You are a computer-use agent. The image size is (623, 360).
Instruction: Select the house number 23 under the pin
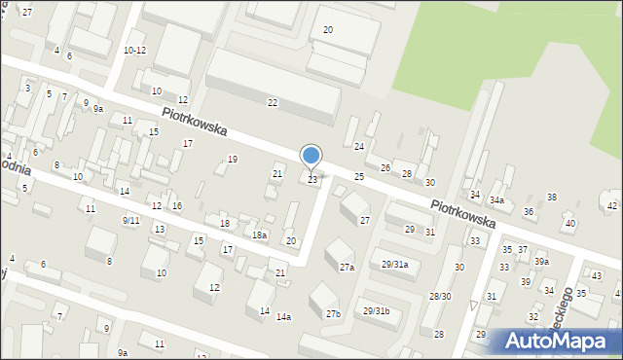click(312, 180)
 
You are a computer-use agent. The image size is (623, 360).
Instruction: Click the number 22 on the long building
click(273, 102)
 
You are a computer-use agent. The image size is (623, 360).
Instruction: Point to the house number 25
click(359, 176)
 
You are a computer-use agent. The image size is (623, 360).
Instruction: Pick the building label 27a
click(347, 267)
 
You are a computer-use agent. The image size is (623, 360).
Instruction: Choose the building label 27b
click(333, 313)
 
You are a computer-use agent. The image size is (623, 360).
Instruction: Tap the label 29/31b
click(377, 311)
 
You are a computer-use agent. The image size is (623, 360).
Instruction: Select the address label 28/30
click(441, 296)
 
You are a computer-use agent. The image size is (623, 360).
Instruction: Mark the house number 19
click(232, 159)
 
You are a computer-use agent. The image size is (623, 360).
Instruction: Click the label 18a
click(259, 235)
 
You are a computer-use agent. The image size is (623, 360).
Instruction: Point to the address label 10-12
click(134, 50)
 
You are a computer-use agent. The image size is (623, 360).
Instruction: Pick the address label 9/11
click(130, 221)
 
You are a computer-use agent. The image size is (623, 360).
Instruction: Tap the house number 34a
click(496, 200)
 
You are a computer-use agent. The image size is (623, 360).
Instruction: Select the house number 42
click(612, 205)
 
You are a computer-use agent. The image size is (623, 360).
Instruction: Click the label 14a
click(283, 317)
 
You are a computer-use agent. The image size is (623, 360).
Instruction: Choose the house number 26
click(385, 168)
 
